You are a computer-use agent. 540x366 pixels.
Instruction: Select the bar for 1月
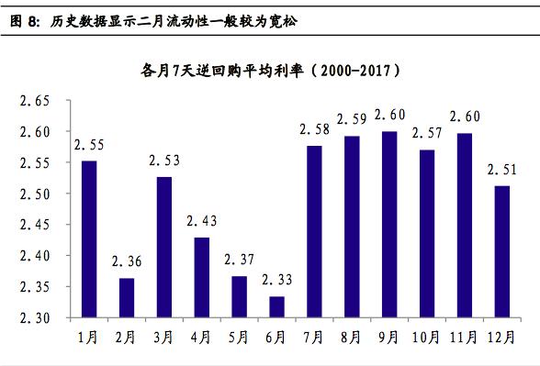pos(89,238)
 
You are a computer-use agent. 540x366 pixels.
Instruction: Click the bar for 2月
pos(127,297)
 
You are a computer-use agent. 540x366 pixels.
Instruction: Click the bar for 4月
pos(201,277)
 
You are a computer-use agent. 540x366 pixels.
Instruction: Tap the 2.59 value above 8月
pos(352,119)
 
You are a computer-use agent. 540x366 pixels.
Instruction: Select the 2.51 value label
pos(501,170)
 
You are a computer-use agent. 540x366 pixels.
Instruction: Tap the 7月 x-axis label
pos(314,337)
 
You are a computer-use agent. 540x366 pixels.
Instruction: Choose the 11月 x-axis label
pos(464,337)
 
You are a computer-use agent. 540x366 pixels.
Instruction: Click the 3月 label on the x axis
pos(164,337)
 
